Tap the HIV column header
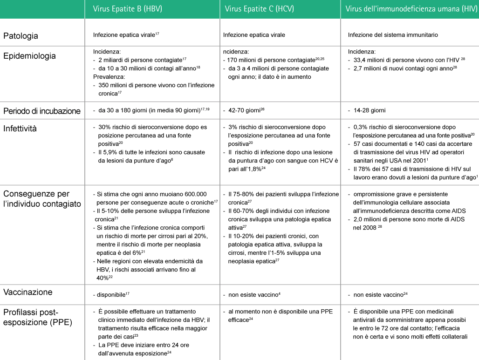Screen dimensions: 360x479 411,9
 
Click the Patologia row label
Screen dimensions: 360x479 21,35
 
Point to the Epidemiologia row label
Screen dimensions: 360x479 30,56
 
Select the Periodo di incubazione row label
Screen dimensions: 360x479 42,111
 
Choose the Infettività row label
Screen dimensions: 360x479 20,128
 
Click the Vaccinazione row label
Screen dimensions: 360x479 28,292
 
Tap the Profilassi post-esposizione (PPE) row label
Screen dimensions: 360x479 37,317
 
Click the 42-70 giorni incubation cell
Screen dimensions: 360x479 242,111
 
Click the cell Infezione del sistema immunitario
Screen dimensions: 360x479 393,35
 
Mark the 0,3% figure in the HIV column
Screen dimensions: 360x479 361,127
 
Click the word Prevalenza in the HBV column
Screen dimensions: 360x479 108,77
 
